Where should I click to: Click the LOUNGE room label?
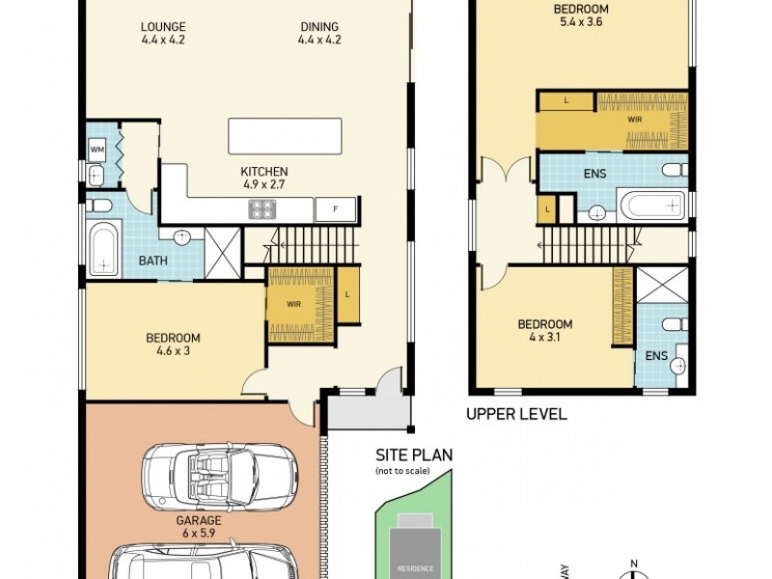click(x=163, y=33)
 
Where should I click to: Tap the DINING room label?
click(x=319, y=33)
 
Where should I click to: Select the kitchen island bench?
click(x=285, y=135)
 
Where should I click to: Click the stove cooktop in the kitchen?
click(x=262, y=208)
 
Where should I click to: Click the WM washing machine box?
click(x=97, y=150)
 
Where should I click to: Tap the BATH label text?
click(x=152, y=261)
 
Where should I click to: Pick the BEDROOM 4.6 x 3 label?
click(x=173, y=345)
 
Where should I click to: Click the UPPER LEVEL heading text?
click(x=516, y=414)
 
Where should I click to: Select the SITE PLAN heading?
click(x=414, y=455)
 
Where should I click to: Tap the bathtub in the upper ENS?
click(x=651, y=206)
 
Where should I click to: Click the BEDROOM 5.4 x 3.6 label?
click(x=581, y=16)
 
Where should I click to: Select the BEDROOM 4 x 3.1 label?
click(x=544, y=331)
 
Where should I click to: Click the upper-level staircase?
click(x=589, y=241)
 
